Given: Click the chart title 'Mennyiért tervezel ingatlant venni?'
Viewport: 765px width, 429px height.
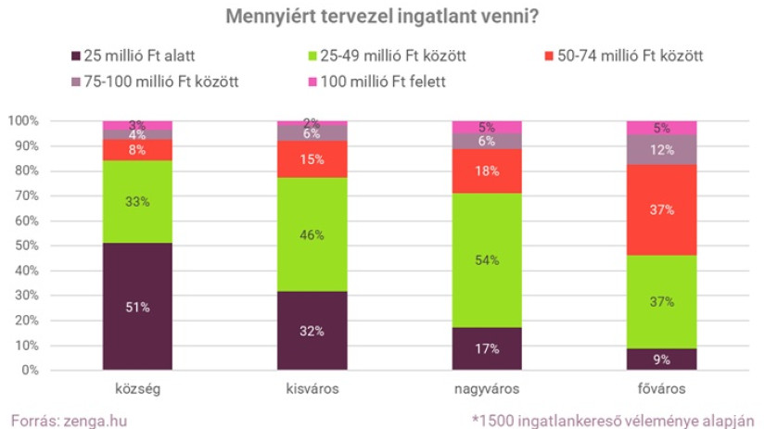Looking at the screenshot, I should pyautogui.click(x=383, y=17).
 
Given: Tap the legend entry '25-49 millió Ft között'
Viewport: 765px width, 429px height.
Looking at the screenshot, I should pyautogui.click(x=389, y=56).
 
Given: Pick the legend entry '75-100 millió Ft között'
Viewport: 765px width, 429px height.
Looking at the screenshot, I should pyautogui.click(x=154, y=82).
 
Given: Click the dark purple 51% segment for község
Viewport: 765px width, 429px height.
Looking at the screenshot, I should pyautogui.click(x=137, y=306).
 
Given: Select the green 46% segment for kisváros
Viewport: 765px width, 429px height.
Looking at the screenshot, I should pyautogui.click(x=312, y=234).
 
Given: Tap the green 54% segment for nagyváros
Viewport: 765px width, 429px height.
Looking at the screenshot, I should pyautogui.click(x=487, y=259).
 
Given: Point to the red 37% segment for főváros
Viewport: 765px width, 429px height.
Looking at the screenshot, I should pyautogui.click(x=661, y=209).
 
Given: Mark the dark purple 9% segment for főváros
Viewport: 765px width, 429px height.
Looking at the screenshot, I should pyautogui.click(x=661, y=359).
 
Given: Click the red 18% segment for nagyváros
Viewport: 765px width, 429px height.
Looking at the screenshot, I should pyautogui.click(x=487, y=170).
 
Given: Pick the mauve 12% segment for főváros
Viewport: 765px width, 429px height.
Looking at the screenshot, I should pyautogui.click(x=661, y=149).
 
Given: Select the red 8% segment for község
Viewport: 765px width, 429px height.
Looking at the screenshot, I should pyautogui.click(x=137, y=149).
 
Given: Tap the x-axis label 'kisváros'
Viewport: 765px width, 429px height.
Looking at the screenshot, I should pyautogui.click(x=312, y=388).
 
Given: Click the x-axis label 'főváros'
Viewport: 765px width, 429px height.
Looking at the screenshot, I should pyautogui.click(x=661, y=388).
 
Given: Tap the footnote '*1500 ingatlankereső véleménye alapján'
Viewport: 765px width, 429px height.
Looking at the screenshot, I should pyautogui.click(x=615, y=419).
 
